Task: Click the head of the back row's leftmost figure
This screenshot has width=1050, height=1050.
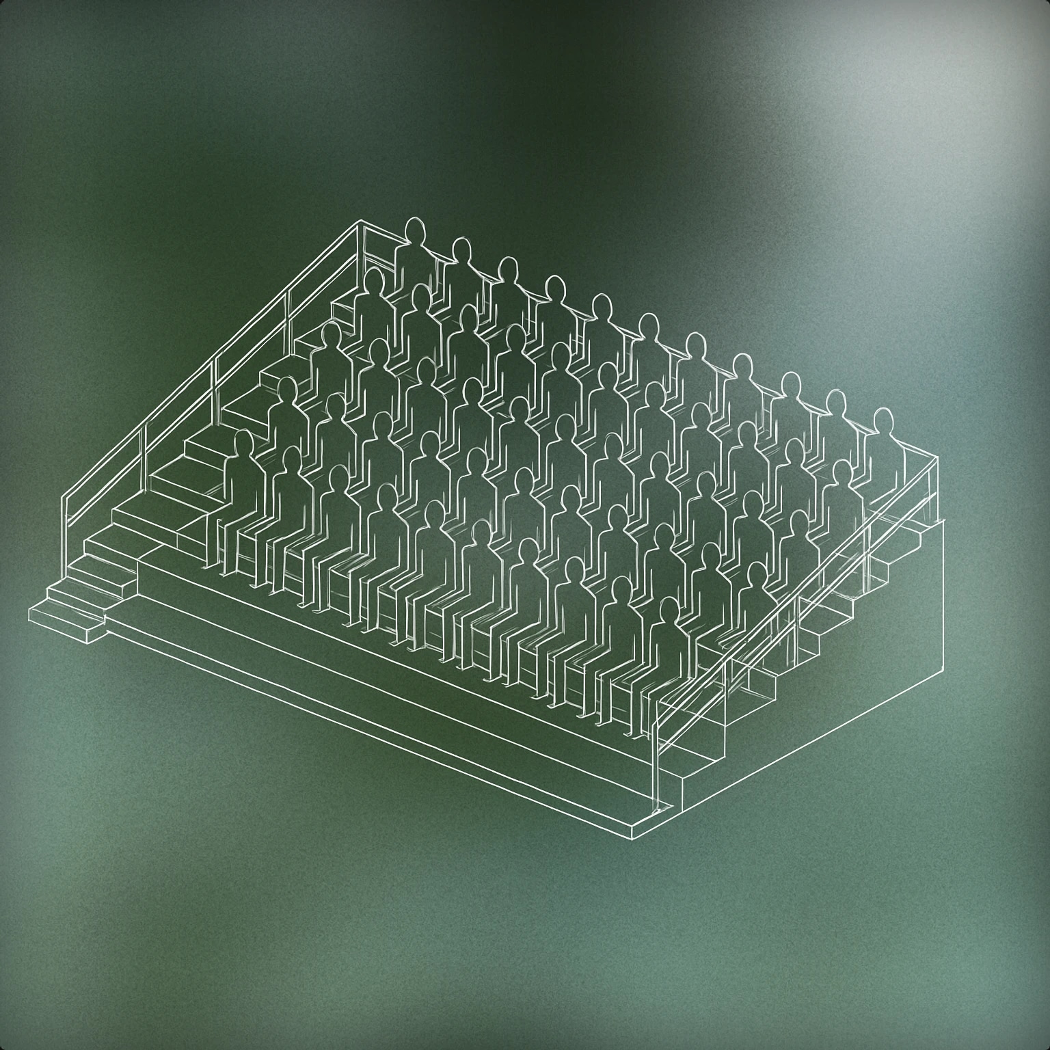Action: [414, 230]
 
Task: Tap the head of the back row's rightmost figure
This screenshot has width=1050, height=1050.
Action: [884, 420]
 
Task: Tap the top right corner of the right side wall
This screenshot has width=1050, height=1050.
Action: [943, 520]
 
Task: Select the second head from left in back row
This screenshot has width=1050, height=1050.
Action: [462, 250]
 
